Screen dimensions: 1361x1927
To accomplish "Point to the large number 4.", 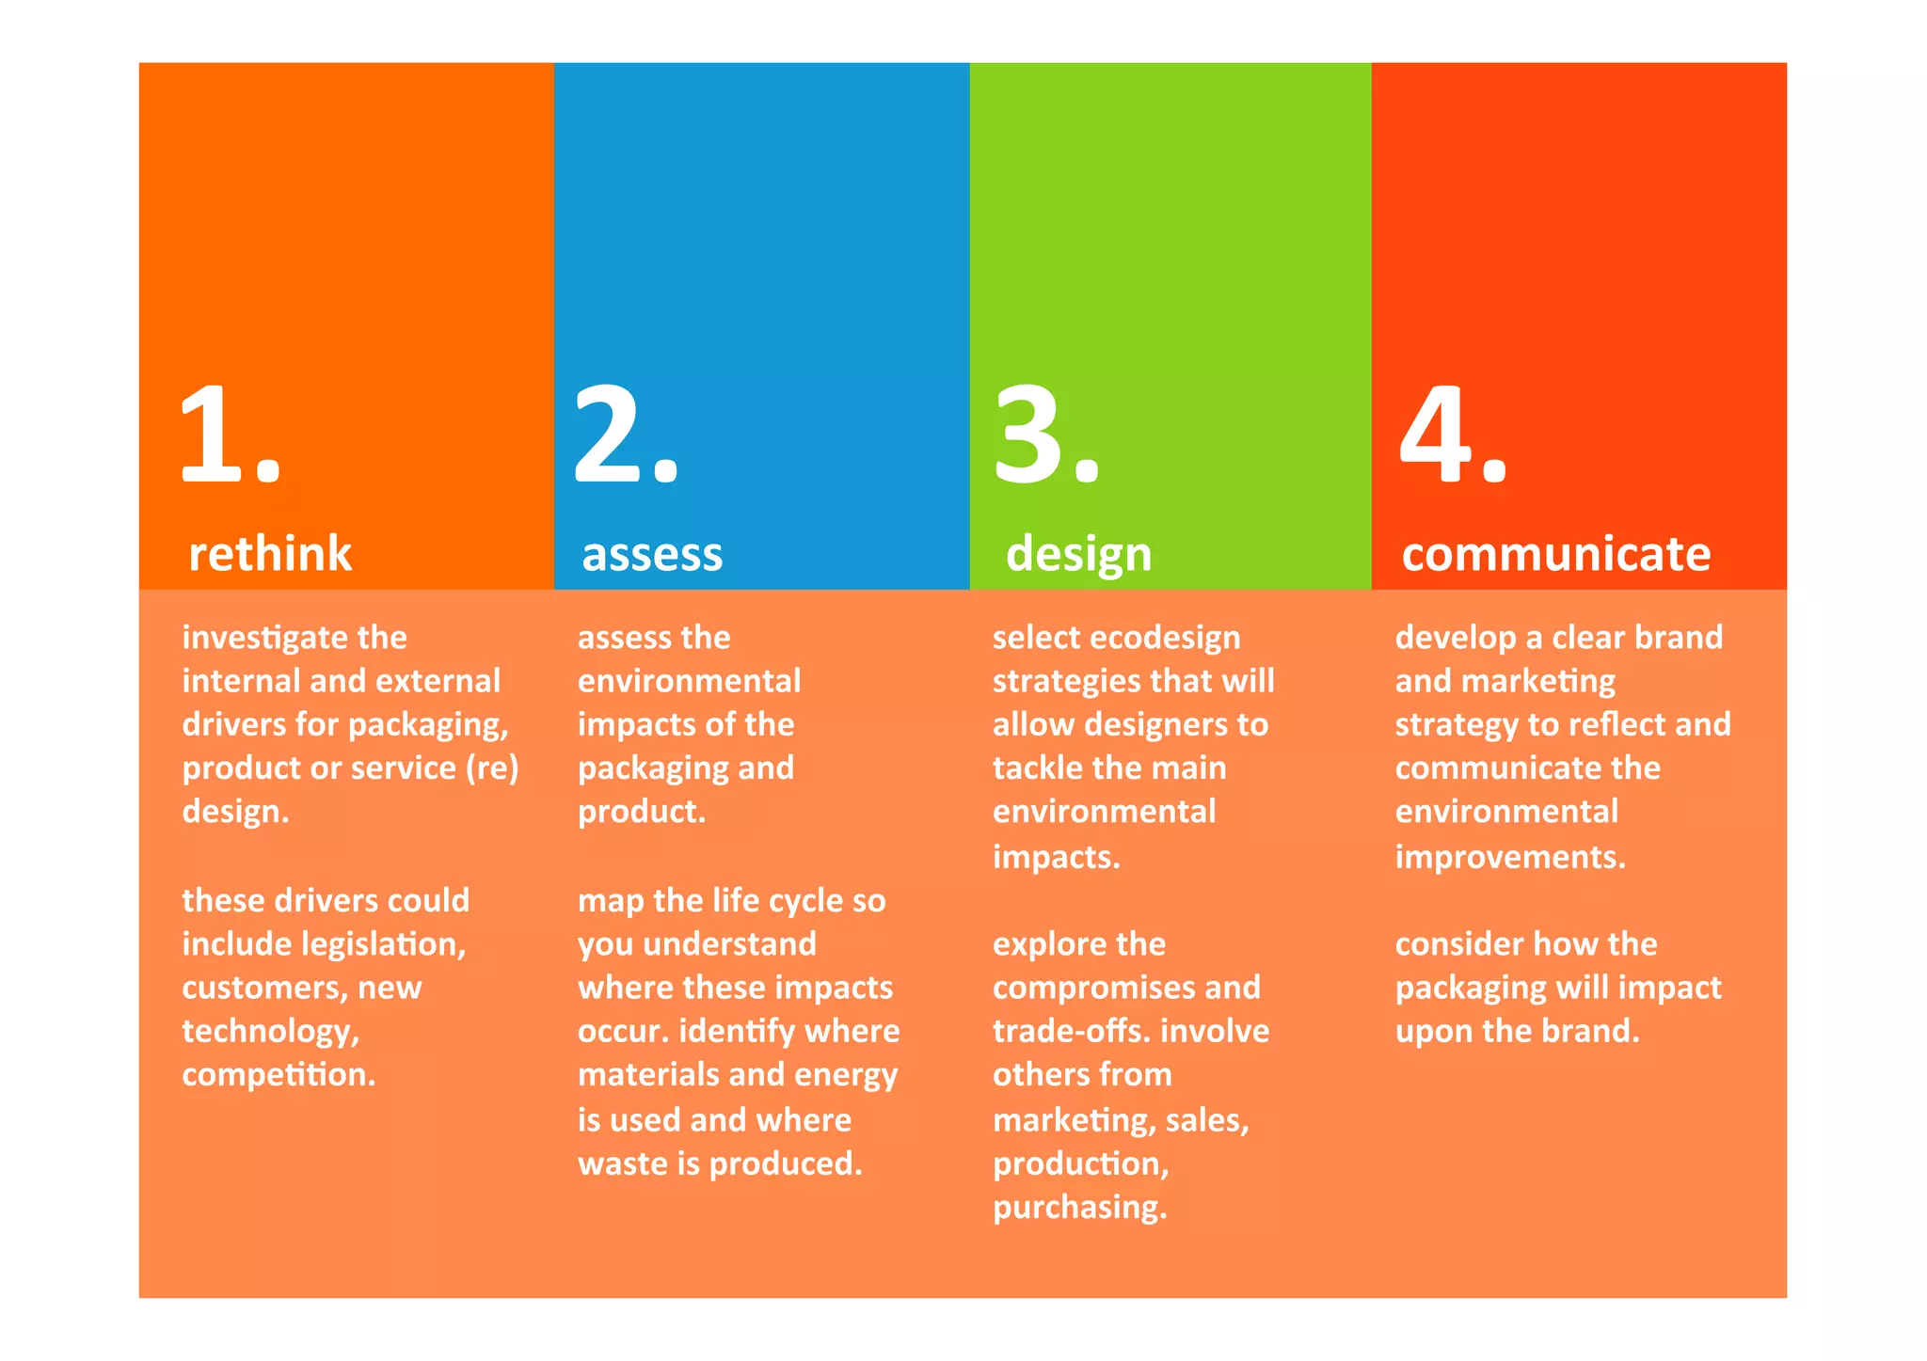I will point(1436,435).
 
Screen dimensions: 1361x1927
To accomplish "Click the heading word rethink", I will point(270,553).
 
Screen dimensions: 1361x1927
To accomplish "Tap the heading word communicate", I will point(1555,553).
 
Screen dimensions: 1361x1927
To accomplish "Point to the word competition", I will point(279,1075).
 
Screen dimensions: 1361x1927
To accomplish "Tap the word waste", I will point(622,1163).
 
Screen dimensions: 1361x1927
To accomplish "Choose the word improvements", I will point(1509,858).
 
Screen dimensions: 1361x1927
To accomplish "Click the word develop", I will point(1455,639).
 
